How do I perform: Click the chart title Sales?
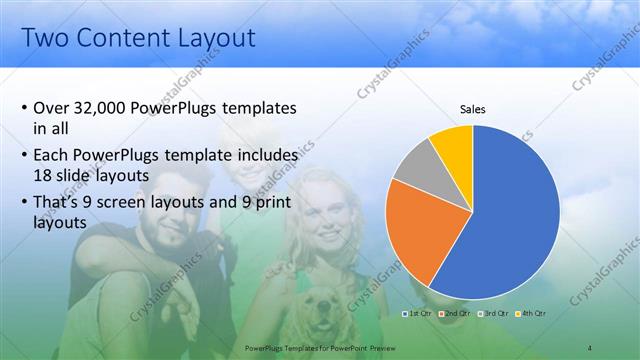(472, 109)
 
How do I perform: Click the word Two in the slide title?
(46, 39)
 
